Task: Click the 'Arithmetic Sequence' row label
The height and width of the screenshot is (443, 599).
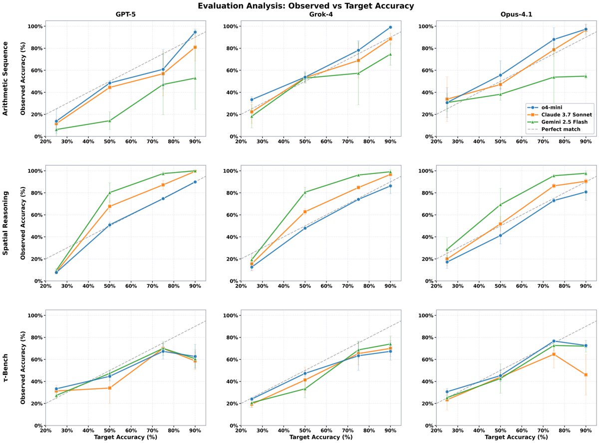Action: [6, 79]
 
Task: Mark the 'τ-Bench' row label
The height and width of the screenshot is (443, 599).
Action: [6, 368]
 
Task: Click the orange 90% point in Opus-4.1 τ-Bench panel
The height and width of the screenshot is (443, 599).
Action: [585, 374]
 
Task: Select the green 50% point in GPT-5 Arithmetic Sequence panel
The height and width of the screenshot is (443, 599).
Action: [110, 120]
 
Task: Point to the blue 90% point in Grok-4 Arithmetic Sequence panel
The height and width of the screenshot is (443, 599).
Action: [390, 27]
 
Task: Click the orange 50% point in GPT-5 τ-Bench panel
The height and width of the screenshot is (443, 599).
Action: [110, 388]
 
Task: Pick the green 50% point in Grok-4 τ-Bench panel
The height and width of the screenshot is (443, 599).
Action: [304, 388]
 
